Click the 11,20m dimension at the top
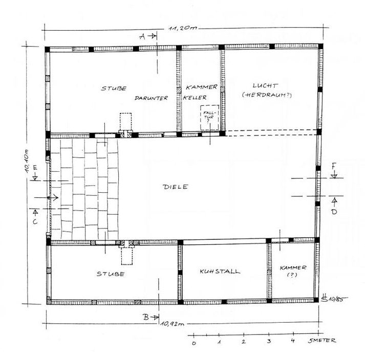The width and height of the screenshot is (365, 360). point(183,28)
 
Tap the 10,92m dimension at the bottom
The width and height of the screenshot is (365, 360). point(173,324)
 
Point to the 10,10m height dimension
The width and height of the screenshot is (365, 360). point(27,161)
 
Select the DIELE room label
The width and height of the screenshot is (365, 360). point(175,187)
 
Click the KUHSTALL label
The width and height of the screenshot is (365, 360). point(220,272)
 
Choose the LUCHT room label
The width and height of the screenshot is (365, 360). point(265,85)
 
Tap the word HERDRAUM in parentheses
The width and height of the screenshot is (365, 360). point(267,95)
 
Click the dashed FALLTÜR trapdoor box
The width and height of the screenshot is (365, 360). point(209,118)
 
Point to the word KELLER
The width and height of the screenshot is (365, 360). point(195,98)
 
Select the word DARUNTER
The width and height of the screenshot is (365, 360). point(151,98)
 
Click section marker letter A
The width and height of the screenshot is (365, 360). point(142,36)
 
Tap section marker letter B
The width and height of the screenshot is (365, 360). point(146,317)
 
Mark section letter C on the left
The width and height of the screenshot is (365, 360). point(35,221)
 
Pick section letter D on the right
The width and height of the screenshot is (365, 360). point(334,212)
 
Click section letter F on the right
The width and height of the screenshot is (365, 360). point(334,166)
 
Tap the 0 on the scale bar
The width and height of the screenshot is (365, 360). point(194,343)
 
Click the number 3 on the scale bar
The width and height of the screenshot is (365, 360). point(269,341)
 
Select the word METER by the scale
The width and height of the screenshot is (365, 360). point(325,341)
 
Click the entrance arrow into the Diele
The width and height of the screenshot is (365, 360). point(46,198)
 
